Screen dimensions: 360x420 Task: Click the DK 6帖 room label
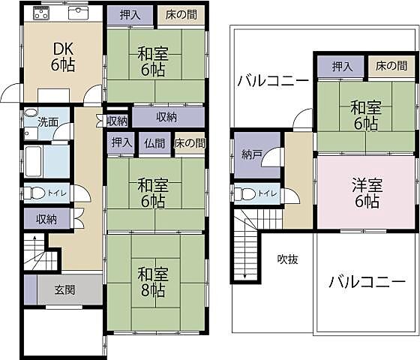[62, 57]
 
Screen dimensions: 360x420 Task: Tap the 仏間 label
[155, 142]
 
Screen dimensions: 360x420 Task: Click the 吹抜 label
[287, 259]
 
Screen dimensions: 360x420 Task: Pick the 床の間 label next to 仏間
[189, 142]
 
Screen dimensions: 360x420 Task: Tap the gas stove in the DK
[40, 14]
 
